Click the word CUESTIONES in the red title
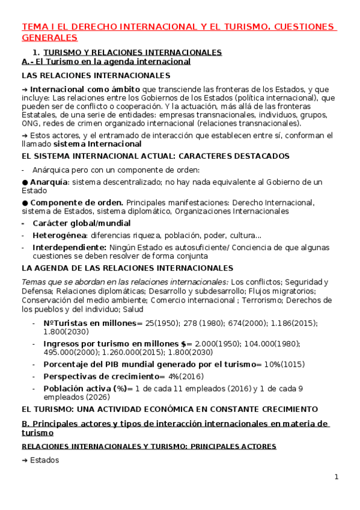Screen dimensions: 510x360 tap(307, 27)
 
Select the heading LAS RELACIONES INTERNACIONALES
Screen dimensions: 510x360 tap(96, 75)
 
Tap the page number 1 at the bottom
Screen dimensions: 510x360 tap(337, 477)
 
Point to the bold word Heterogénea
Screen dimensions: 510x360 tap(59, 235)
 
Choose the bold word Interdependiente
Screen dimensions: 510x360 tap(69, 247)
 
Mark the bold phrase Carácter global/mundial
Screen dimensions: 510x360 tap(82, 223)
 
